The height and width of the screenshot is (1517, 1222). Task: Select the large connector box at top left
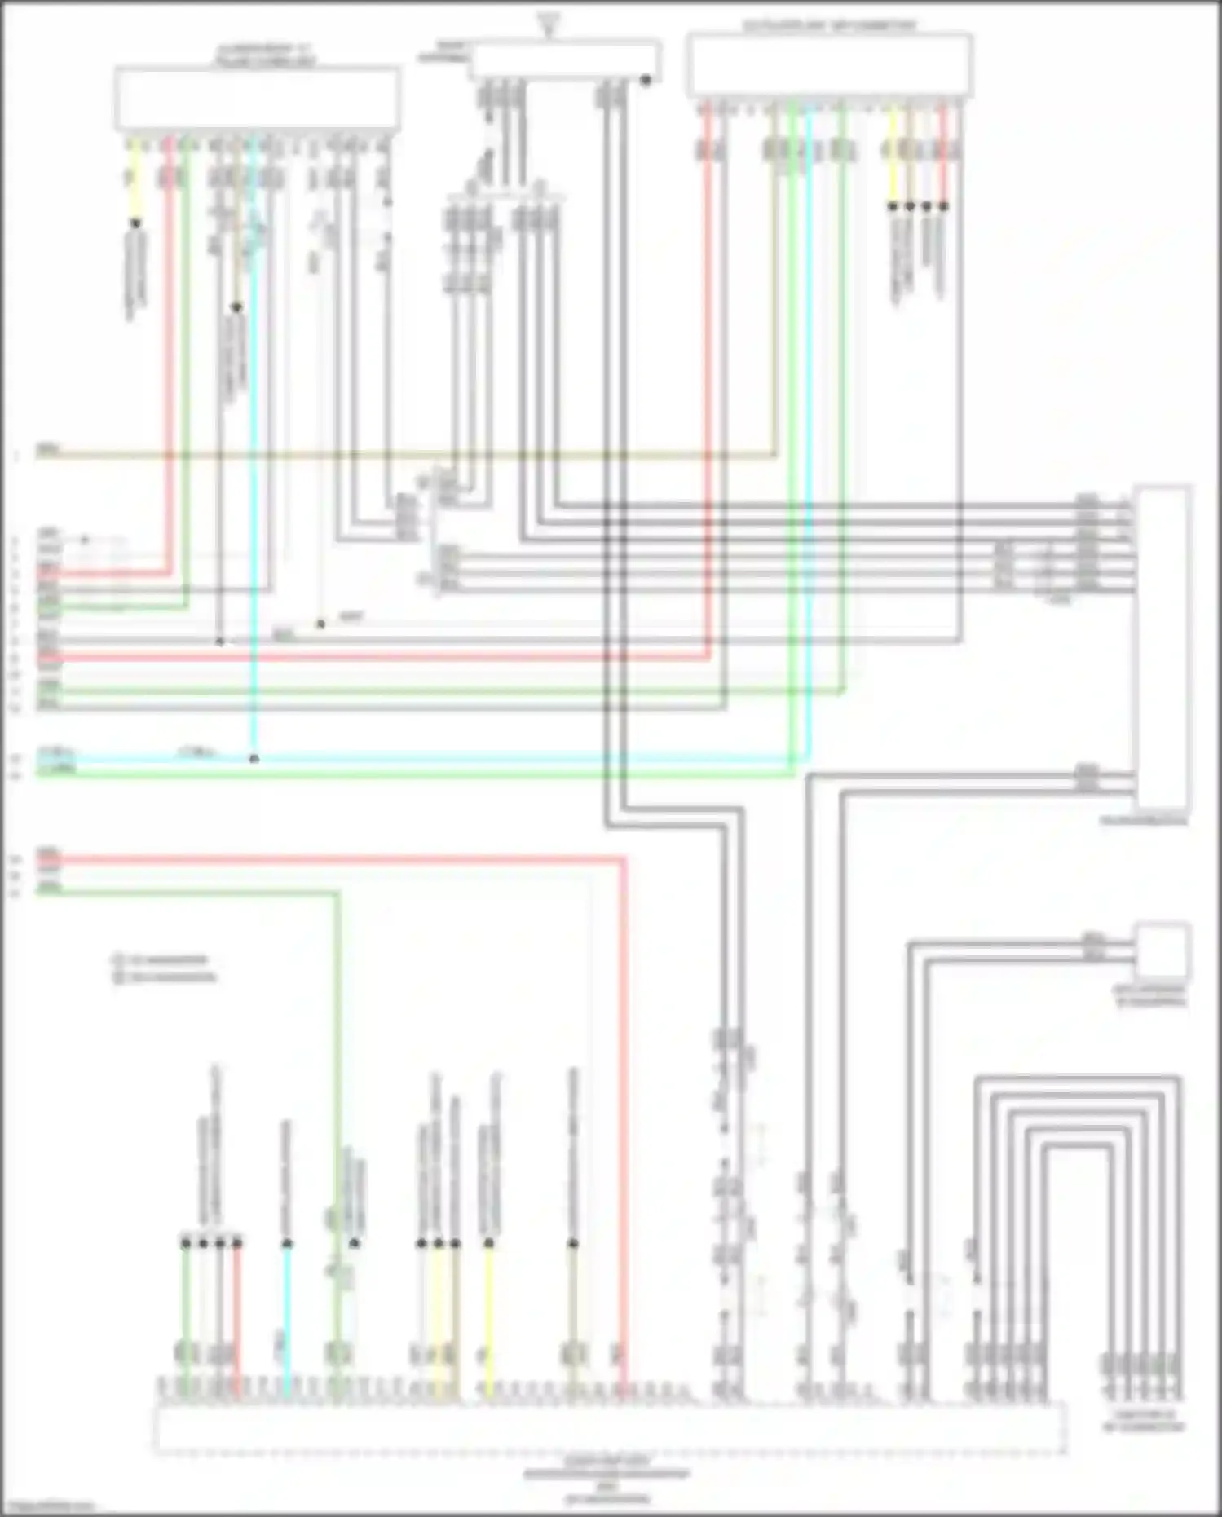[x=257, y=98]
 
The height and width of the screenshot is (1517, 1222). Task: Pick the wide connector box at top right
[x=830, y=65]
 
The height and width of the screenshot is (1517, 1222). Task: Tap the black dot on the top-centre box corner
[x=646, y=80]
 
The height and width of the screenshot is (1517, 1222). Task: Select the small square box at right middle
[x=1163, y=950]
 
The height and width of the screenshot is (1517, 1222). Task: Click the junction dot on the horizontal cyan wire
[x=254, y=758]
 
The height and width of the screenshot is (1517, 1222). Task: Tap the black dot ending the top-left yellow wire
[x=136, y=223]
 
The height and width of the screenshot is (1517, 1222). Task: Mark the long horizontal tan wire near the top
[x=408, y=456]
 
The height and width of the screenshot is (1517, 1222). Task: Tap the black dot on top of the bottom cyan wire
[x=287, y=1243]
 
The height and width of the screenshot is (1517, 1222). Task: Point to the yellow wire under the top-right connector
[x=892, y=155]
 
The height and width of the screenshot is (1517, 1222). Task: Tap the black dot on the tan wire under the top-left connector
[x=236, y=307]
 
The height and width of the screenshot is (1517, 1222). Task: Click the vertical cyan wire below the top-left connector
[x=254, y=489]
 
